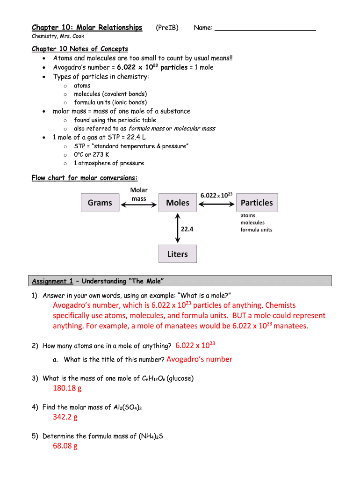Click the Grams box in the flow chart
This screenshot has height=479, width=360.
click(100, 203)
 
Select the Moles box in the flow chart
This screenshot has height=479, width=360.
click(178, 203)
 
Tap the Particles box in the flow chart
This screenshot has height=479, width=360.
click(257, 203)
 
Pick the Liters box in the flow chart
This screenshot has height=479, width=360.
click(178, 254)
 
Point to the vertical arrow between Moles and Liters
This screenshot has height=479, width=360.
click(177, 228)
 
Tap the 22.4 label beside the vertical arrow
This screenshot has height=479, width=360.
click(187, 230)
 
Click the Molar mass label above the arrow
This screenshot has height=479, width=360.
click(139, 194)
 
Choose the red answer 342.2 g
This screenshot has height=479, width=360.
click(65, 417)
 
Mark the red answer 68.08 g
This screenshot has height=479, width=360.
click(65, 446)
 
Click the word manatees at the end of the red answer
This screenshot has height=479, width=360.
click(290, 326)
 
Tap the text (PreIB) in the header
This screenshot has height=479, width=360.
click(167, 28)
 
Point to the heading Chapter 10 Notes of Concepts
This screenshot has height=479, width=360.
click(79, 49)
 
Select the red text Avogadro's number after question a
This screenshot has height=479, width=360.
click(199, 359)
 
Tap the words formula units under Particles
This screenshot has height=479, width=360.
click(256, 230)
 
